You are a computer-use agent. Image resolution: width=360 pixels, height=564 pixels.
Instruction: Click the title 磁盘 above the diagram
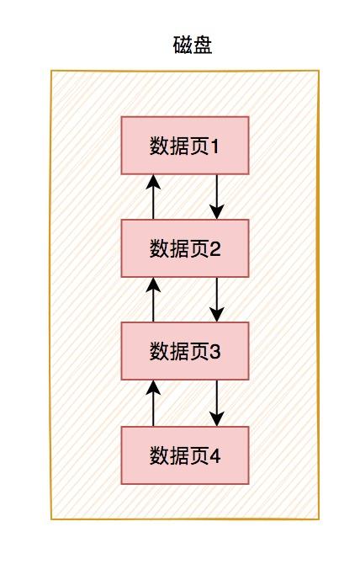pyautogui.click(x=193, y=45)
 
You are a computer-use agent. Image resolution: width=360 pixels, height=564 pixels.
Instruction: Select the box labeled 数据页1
pyautogui.click(x=185, y=146)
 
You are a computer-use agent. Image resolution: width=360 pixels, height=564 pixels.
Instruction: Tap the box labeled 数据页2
pyautogui.click(x=185, y=248)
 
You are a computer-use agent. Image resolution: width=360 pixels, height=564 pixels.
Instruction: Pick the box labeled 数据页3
pyautogui.click(x=185, y=351)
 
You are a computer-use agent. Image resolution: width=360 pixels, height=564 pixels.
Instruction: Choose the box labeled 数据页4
pyautogui.click(x=185, y=455)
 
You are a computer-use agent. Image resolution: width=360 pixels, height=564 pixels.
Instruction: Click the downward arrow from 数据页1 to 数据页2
pyautogui.click(x=217, y=197)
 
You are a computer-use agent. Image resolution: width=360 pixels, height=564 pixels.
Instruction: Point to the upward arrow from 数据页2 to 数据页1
pyautogui.click(x=153, y=197)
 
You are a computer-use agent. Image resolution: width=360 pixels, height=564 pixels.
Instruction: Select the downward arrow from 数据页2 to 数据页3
pyautogui.click(x=217, y=300)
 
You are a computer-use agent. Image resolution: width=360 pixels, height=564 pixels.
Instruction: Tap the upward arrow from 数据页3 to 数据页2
pyautogui.click(x=153, y=300)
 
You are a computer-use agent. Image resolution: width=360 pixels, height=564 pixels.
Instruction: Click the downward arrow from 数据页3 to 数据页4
pyautogui.click(x=217, y=403)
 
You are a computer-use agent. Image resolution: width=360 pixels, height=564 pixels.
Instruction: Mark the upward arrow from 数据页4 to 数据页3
pyautogui.click(x=153, y=403)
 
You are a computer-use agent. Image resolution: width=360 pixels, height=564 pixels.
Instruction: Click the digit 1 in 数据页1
pyautogui.click(x=214, y=146)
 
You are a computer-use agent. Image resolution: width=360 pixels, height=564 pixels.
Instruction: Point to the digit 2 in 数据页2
pyautogui.click(x=214, y=249)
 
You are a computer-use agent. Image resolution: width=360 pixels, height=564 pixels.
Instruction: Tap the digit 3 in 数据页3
pyautogui.click(x=214, y=352)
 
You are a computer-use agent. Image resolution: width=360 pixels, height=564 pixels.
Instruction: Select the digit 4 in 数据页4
pyautogui.click(x=214, y=455)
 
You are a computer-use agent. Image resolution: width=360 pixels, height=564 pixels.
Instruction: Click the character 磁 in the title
pyautogui.click(x=183, y=45)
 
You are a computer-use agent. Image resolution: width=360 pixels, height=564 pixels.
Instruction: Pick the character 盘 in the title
pyautogui.click(x=203, y=45)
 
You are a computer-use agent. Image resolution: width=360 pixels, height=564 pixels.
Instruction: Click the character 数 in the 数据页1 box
pyautogui.click(x=159, y=146)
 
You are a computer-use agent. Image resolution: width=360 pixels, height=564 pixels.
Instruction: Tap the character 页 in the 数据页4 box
pyautogui.click(x=199, y=455)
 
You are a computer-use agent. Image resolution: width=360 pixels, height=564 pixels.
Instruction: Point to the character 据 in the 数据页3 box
pyautogui.click(x=179, y=351)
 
